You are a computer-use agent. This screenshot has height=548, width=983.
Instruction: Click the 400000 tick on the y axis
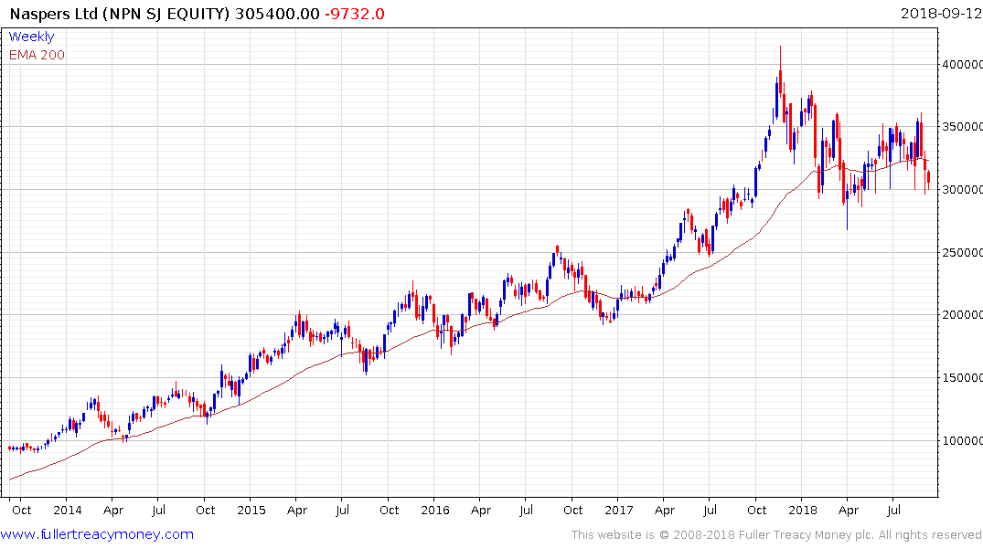coord(963,65)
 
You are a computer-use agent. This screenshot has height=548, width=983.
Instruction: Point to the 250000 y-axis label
coord(963,252)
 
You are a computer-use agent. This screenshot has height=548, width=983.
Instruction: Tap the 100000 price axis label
coord(963,440)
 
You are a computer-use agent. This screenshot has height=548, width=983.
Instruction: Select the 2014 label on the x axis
coord(67,510)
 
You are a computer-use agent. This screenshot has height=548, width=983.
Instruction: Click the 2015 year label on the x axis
coord(251,510)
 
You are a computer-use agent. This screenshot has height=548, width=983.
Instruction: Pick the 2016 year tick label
coord(434,510)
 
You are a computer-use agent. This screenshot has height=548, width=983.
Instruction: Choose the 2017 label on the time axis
coord(619,510)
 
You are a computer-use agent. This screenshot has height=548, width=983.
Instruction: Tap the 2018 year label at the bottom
coord(802,510)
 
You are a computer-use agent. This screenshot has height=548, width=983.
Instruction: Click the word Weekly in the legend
coord(31,37)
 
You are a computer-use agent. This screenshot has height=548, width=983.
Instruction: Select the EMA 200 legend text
coord(37,55)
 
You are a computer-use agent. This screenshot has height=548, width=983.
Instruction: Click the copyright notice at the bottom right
coord(776,534)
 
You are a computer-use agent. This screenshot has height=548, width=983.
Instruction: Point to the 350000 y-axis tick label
coord(963,127)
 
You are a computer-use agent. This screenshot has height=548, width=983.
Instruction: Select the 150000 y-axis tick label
coord(963,377)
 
